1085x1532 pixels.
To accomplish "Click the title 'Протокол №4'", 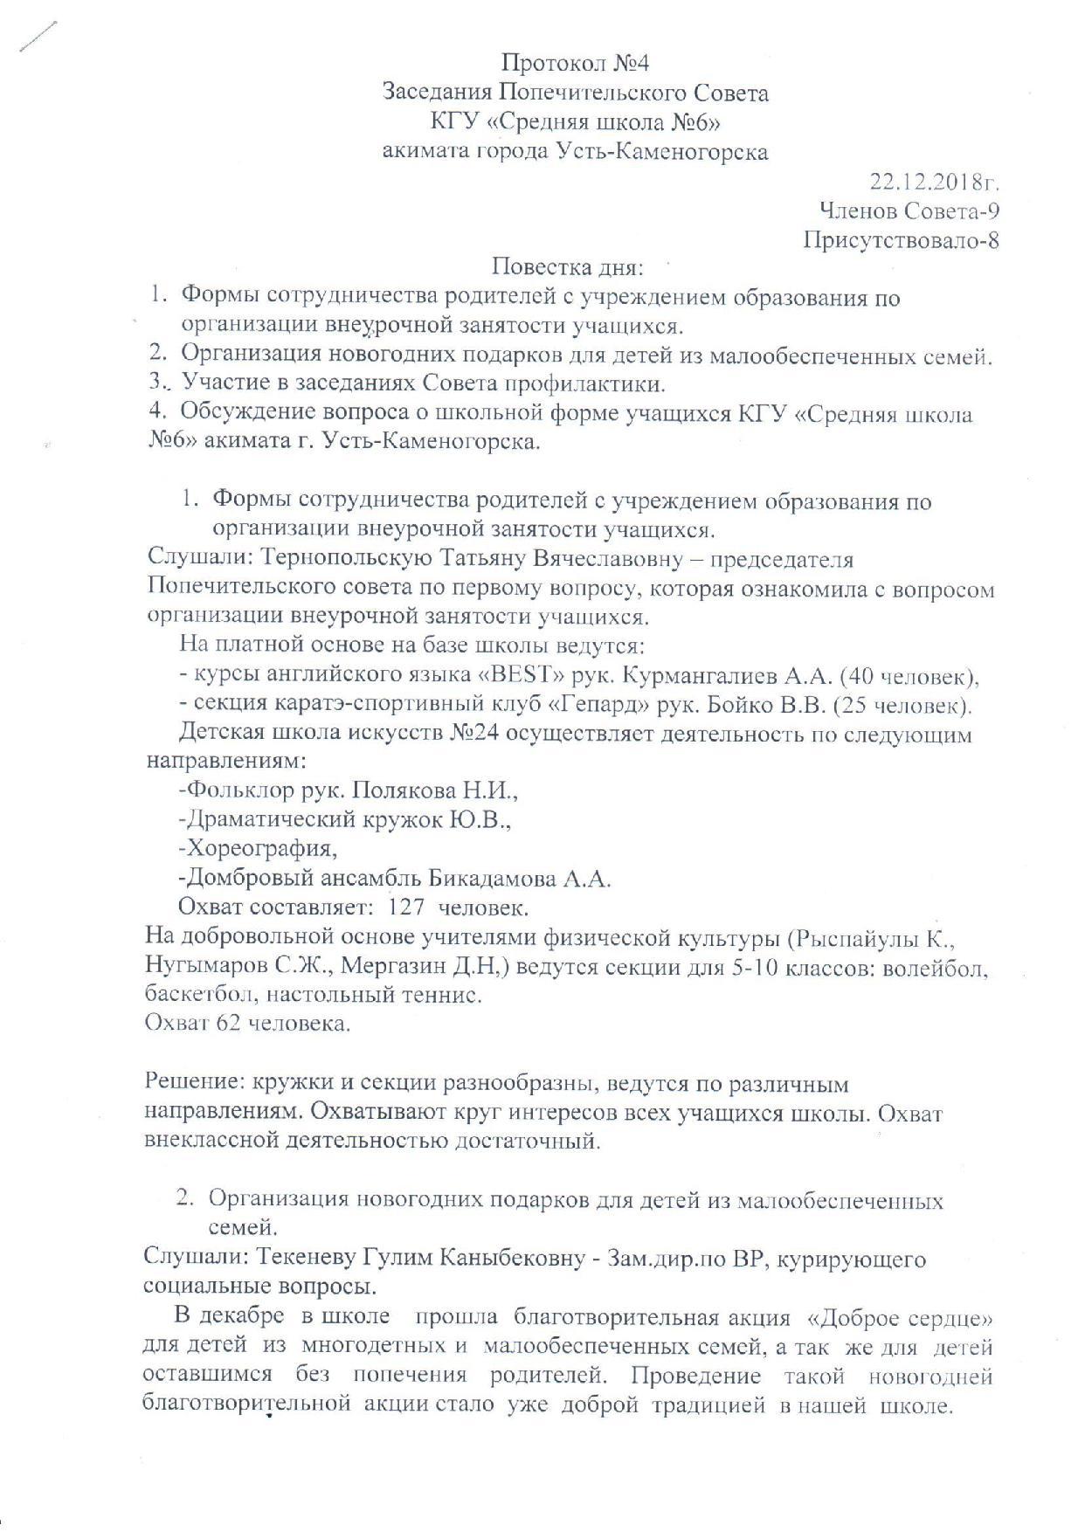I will [576, 63].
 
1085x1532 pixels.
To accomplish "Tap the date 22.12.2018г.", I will [935, 182].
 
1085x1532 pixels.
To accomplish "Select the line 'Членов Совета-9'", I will [910, 210].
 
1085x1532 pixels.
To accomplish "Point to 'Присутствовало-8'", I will [902, 239].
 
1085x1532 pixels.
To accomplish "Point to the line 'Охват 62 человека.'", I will [248, 1023].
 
